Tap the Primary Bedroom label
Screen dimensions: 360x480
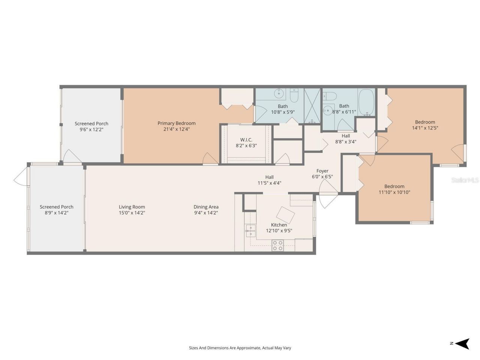pos(176,123)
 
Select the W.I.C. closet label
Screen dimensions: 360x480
pos(246,140)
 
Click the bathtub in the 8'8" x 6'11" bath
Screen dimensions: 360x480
pos(366,102)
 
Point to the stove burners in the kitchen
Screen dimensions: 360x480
pos(277,245)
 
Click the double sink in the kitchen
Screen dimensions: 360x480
pos(250,231)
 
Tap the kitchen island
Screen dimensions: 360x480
pos(285,215)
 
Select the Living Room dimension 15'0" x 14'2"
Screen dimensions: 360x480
pos(132,213)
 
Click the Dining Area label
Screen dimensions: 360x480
pos(206,207)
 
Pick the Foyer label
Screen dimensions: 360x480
pos(322,171)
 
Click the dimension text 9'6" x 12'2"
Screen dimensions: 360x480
pos(91,129)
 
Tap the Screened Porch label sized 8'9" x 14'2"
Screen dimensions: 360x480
pos(57,207)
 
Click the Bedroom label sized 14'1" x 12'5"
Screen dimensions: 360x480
pos(425,122)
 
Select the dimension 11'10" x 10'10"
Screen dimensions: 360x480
pos(394,192)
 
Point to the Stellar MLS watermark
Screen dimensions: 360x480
pos(465,180)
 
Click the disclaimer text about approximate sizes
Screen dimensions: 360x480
pos(240,348)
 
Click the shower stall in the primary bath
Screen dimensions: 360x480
pos(312,106)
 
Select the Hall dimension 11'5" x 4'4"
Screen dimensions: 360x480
pos(269,183)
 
